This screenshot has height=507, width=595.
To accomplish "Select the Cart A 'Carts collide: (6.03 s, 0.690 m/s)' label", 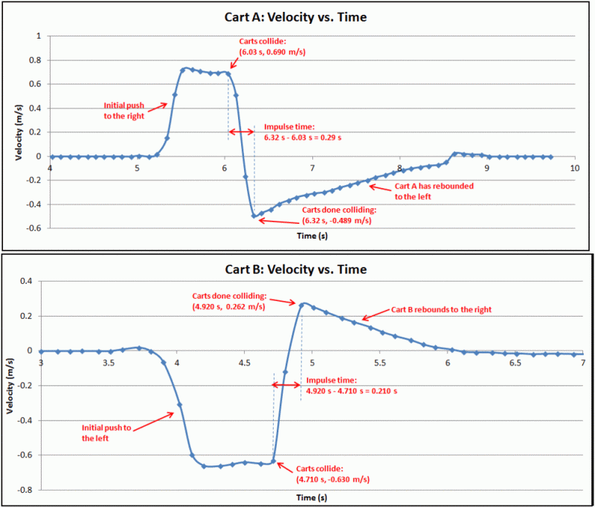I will (x=273, y=47).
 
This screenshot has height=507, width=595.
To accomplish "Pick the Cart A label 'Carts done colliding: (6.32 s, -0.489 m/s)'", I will (x=337, y=216).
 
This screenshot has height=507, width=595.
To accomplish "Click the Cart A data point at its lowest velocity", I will (x=254, y=216).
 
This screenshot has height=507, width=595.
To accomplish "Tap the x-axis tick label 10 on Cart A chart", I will (x=574, y=169).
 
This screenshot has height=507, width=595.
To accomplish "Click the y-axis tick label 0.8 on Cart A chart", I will (x=36, y=59).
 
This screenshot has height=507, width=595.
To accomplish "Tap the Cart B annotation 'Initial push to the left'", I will (x=106, y=433).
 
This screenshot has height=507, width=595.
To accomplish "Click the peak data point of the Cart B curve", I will (x=302, y=304).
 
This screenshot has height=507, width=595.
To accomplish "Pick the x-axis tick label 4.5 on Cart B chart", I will (x=245, y=363).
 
